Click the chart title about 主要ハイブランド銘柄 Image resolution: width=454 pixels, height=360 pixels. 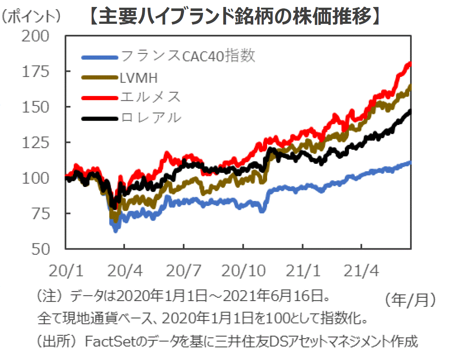[235, 16]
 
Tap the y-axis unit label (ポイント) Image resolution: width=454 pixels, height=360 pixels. [31, 17]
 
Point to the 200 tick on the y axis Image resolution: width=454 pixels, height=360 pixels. [35, 36]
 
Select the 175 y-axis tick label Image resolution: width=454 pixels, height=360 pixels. [36, 71]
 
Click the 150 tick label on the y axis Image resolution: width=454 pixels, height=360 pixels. [36, 107]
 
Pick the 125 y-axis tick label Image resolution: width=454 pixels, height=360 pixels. [36, 143]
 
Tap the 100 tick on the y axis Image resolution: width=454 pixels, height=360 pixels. [36, 178]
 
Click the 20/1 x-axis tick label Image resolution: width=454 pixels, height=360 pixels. [66, 271]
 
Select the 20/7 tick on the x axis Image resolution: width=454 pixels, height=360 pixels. [184, 271]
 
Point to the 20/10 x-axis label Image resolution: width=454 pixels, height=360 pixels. [243, 271]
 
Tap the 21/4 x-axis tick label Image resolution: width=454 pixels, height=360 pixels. [361, 271]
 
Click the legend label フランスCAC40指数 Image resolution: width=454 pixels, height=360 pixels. [188, 56]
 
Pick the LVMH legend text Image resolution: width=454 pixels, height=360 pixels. [139, 78]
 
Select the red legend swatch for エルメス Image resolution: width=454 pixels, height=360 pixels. [100, 98]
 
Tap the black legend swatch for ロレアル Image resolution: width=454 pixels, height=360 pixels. [100, 118]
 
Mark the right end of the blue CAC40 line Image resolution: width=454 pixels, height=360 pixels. [410, 162]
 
